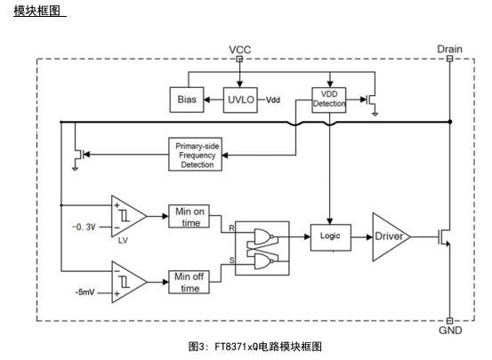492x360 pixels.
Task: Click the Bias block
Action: (x=187, y=100)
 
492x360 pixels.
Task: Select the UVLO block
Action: (x=240, y=100)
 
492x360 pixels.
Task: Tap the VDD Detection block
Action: (x=329, y=100)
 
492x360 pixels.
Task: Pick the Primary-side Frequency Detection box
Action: (x=195, y=155)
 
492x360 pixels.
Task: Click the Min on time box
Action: (x=189, y=216)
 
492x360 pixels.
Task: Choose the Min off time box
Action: (x=189, y=282)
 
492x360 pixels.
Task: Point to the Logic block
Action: (x=331, y=237)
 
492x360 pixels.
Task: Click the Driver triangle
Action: (x=391, y=236)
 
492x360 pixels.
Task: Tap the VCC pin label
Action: (x=239, y=50)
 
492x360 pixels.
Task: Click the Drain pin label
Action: (x=449, y=49)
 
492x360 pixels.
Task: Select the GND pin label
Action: (x=450, y=330)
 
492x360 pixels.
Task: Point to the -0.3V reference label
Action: (x=84, y=227)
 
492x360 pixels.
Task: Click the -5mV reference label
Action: (x=85, y=292)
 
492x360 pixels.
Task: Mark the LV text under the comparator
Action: (x=123, y=240)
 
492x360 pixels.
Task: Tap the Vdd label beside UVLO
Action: (x=273, y=100)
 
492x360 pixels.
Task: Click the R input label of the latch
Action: (x=231, y=228)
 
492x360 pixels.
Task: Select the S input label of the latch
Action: (x=231, y=260)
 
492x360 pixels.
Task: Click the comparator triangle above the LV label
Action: (x=128, y=216)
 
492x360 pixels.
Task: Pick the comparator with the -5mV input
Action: (x=128, y=282)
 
